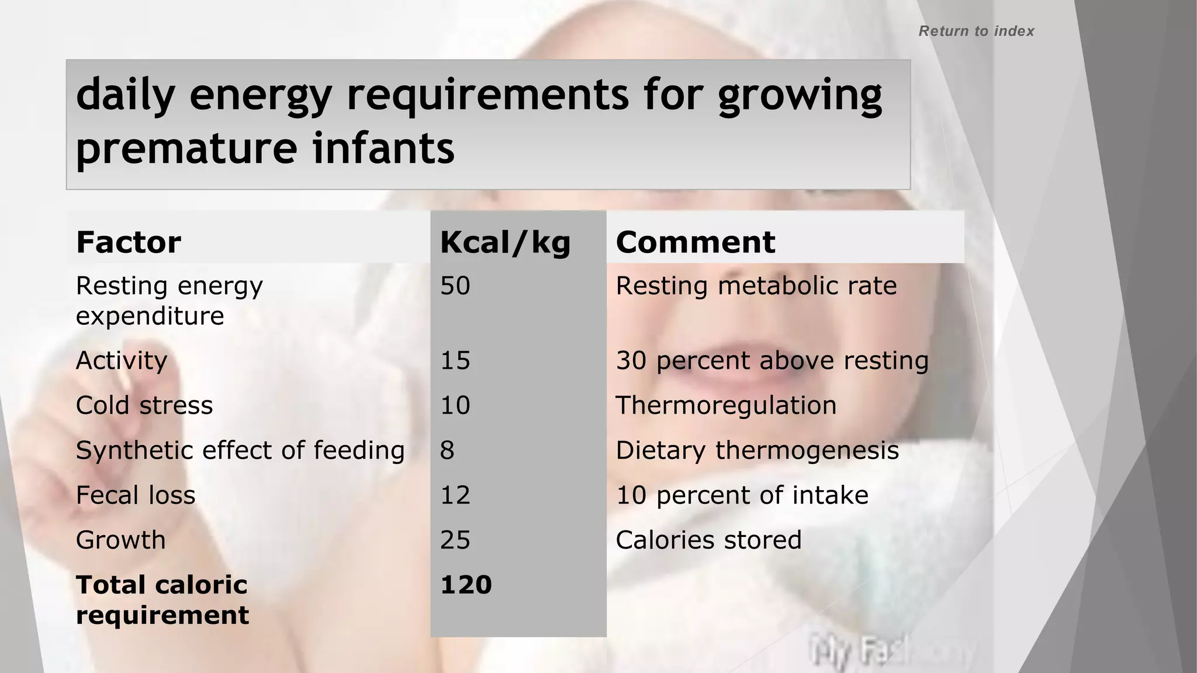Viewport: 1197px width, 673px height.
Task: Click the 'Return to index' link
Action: [x=976, y=31]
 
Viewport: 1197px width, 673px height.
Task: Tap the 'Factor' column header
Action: [x=129, y=242]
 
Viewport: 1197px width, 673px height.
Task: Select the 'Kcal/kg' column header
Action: [x=505, y=242]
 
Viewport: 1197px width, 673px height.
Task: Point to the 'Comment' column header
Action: [x=696, y=242]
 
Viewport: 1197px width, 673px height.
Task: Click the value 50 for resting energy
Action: [x=455, y=286]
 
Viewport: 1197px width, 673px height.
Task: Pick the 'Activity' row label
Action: [x=122, y=360]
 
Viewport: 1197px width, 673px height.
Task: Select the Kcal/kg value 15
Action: [x=455, y=360]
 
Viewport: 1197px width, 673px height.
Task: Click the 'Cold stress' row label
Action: [x=144, y=405]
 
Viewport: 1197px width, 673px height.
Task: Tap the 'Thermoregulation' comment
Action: [x=726, y=405]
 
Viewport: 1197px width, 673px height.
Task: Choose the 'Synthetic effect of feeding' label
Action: [x=240, y=450]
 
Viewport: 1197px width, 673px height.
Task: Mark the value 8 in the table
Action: [x=447, y=450]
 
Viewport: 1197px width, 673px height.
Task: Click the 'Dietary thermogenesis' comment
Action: [x=757, y=450]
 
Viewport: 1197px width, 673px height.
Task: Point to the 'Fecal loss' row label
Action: [x=136, y=495]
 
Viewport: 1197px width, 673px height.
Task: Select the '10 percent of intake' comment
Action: [x=742, y=495]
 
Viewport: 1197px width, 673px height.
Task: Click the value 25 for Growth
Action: [x=455, y=540]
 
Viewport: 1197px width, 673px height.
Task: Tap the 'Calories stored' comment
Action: [x=708, y=540]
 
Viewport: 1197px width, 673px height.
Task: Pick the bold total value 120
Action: [x=466, y=585]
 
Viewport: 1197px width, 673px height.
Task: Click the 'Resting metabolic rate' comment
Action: [x=756, y=286]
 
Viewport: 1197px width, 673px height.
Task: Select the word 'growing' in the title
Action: [x=800, y=95]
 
